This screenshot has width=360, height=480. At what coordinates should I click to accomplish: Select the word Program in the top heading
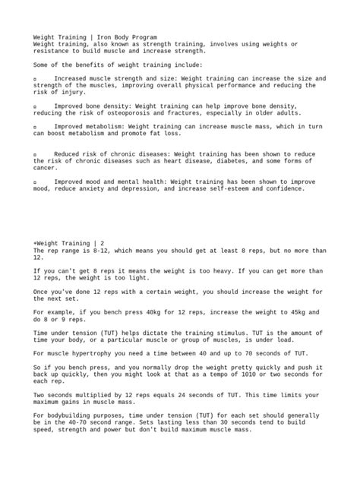tap(142, 36)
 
